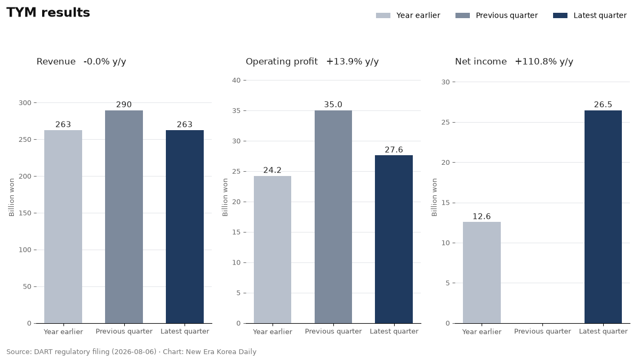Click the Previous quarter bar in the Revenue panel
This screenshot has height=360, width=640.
click(124, 217)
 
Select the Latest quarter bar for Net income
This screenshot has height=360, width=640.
click(603, 217)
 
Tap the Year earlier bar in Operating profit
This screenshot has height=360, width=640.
click(273, 250)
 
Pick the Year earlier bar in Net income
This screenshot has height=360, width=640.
click(482, 273)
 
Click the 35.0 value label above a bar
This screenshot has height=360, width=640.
click(333, 105)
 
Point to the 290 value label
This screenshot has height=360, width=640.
click(124, 105)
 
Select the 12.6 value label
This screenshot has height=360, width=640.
click(482, 217)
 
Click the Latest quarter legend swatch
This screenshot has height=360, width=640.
click(560, 15)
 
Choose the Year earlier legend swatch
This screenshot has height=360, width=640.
click(383, 15)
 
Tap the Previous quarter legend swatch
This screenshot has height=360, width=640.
click(462, 15)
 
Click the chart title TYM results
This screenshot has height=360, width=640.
click(48, 13)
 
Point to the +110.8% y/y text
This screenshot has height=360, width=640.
click(544, 62)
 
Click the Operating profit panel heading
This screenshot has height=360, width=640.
click(282, 62)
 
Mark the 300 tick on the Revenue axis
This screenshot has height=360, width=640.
click(25, 103)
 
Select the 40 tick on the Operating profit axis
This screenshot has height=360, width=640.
click(236, 81)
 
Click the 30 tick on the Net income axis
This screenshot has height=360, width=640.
click(445, 82)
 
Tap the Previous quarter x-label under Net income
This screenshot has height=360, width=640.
click(542, 331)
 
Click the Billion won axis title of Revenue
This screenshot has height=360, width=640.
click(11, 197)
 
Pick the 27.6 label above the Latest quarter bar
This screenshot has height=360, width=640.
click(394, 150)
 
